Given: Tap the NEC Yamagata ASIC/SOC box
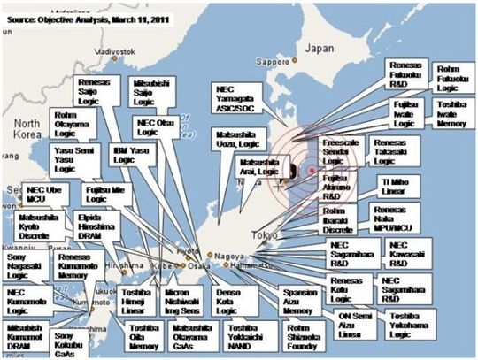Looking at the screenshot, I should pos(240,100).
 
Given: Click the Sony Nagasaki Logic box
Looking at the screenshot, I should pos(26,264).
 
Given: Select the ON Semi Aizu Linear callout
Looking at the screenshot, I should pos(350,318).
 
